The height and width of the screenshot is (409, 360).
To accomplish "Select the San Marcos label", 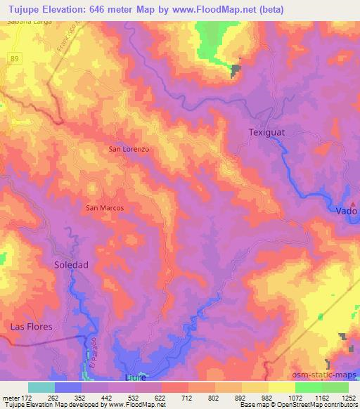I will pyautogui.click(x=105, y=208).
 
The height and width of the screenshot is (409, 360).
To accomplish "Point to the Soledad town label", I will pyautogui.click(x=72, y=265).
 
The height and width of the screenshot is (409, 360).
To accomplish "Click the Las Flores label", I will pyautogui.click(x=31, y=327).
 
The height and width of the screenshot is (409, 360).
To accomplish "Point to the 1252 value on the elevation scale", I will pyautogui.click(x=348, y=396).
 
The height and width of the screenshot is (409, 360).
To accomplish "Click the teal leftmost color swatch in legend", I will pyautogui.click(x=41, y=387).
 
